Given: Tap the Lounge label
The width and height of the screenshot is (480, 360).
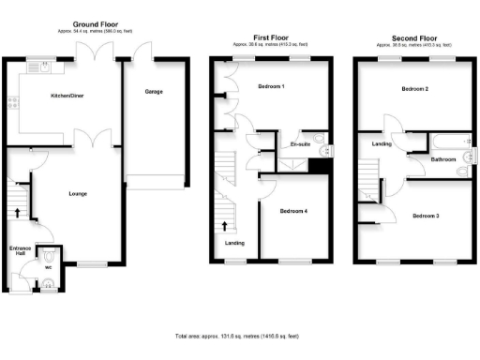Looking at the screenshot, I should (x=78, y=194).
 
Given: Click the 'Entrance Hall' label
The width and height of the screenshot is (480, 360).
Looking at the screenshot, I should (x=19, y=251).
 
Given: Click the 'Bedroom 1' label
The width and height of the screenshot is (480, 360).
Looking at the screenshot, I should (x=271, y=86).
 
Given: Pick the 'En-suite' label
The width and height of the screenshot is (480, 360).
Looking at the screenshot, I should (x=300, y=145).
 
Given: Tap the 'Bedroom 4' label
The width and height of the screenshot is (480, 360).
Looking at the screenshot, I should (x=293, y=210).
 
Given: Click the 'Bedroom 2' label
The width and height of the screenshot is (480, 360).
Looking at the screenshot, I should (x=414, y=89).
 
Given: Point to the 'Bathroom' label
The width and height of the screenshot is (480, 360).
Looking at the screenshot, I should (x=442, y=159).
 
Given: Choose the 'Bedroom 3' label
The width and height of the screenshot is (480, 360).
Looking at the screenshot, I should (x=425, y=216).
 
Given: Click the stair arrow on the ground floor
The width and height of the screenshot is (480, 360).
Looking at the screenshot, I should (x=16, y=211).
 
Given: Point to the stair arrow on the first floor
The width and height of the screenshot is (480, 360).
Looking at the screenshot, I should (x=225, y=225).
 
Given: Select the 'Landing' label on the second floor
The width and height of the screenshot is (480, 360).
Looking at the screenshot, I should (x=382, y=143).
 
